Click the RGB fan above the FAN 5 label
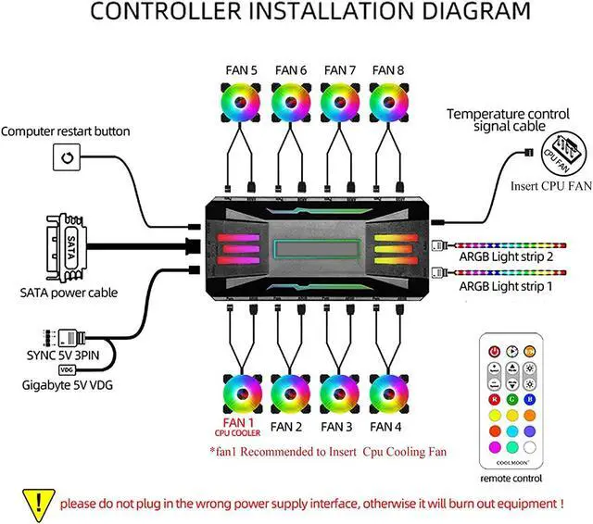tap(243, 102)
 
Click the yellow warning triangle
tap(32, 503)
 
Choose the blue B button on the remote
tap(529, 400)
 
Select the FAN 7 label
tap(340, 70)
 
